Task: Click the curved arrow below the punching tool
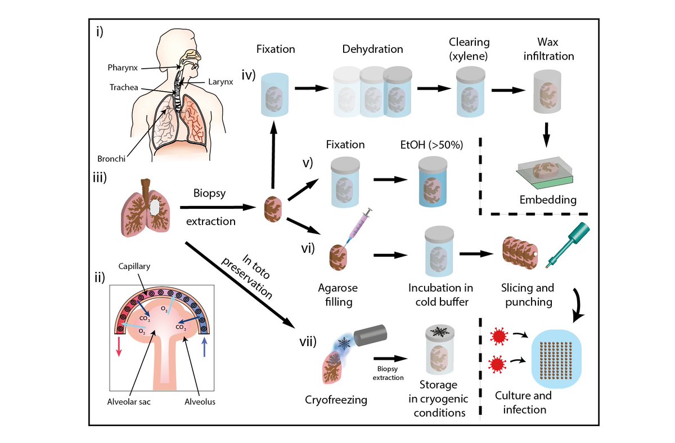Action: coord(579,305)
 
